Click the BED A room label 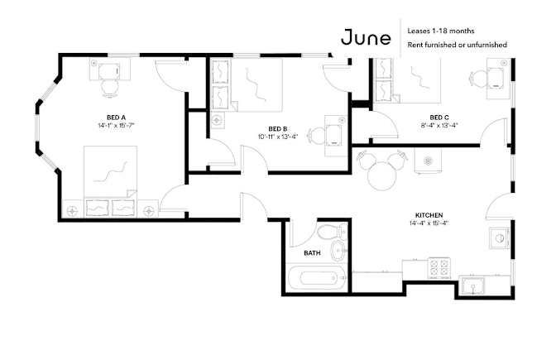point(116,118)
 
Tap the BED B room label point(278,129)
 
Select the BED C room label point(439,118)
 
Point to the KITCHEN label point(429,215)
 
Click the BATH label point(312,253)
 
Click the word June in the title point(366,37)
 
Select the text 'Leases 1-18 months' point(441,31)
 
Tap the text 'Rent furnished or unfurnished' point(457,45)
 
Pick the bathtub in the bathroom point(317,278)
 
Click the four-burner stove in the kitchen point(439,268)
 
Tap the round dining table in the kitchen point(381,176)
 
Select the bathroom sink point(338,251)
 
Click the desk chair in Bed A point(109,88)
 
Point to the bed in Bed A point(110,181)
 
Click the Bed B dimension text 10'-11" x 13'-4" point(278,137)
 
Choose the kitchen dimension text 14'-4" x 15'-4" point(429,223)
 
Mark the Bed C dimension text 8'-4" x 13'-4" point(439,125)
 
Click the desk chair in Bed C point(477,79)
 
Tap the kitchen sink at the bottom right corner point(473,286)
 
